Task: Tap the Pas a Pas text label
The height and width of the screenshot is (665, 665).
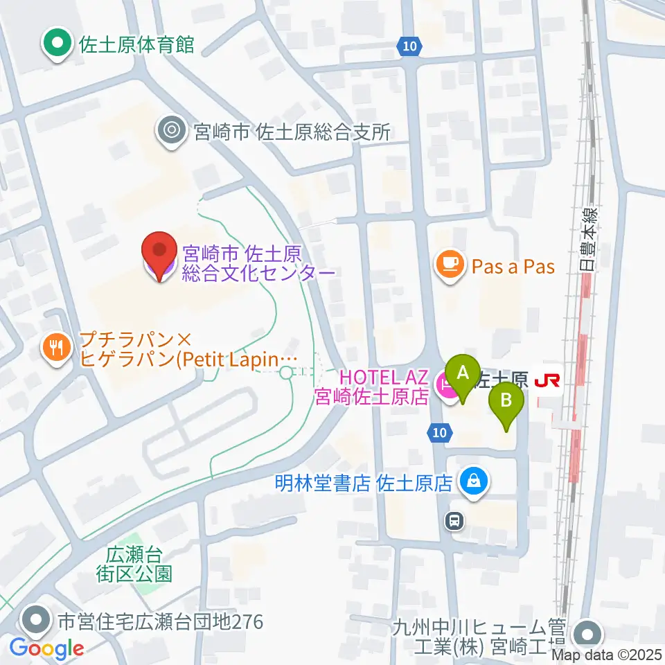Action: [513, 267]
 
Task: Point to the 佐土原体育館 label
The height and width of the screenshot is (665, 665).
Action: [136, 45]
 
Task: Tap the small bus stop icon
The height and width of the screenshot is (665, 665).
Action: [454, 520]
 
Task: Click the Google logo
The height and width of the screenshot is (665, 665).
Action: [46, 649]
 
